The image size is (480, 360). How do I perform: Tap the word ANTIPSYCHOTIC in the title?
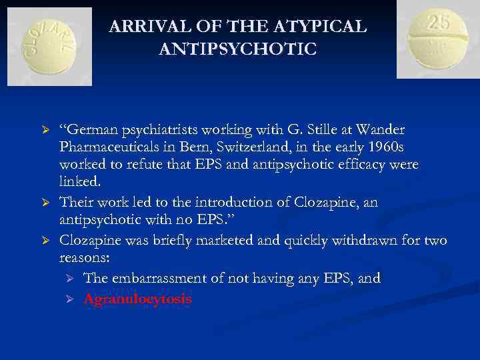(238, 50)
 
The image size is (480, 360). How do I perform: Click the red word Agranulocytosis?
(137, 299)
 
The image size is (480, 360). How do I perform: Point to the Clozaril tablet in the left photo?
(49, 46)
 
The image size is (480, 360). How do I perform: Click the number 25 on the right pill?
(439, 22)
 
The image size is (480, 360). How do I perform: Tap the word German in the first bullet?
(87, 129)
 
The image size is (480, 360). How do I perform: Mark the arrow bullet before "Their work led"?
(46, 203)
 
